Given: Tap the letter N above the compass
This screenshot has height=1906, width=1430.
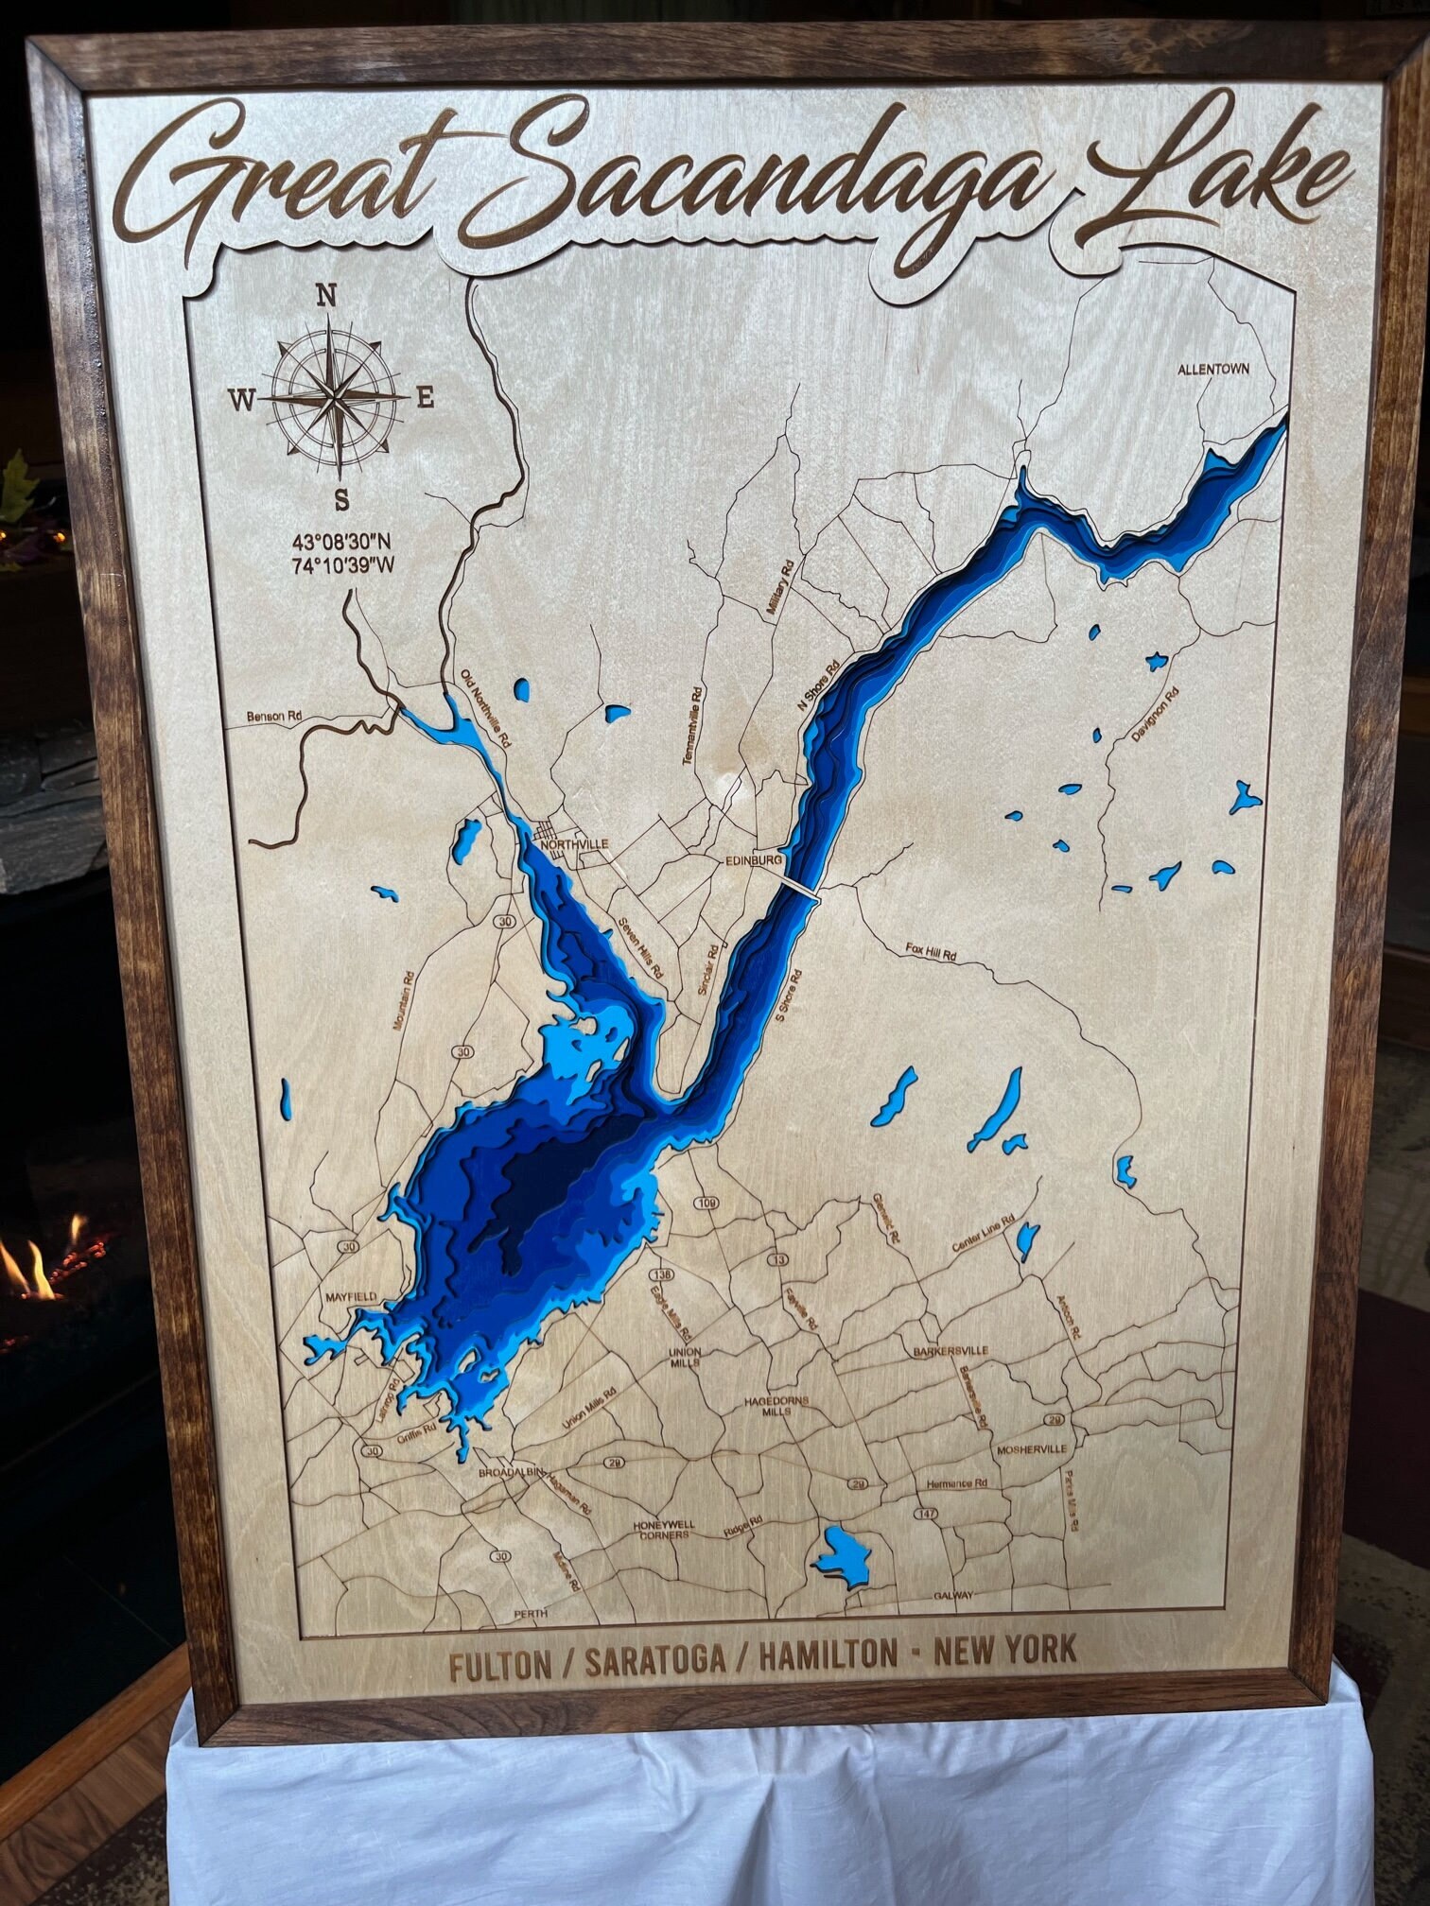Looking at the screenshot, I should (326, 296).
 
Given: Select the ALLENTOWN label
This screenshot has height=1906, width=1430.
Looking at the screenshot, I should (1213, 369).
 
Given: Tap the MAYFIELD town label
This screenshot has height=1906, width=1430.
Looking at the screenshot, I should (351, 1296).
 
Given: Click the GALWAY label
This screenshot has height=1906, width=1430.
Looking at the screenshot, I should (952, 1595).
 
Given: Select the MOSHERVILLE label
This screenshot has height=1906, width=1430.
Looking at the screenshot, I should (1030, 1448).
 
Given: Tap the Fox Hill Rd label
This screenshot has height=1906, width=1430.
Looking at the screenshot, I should (931, 954).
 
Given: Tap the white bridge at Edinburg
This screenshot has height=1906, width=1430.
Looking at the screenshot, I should (800, 889).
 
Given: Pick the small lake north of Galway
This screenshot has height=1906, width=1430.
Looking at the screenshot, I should (845, 1551).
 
